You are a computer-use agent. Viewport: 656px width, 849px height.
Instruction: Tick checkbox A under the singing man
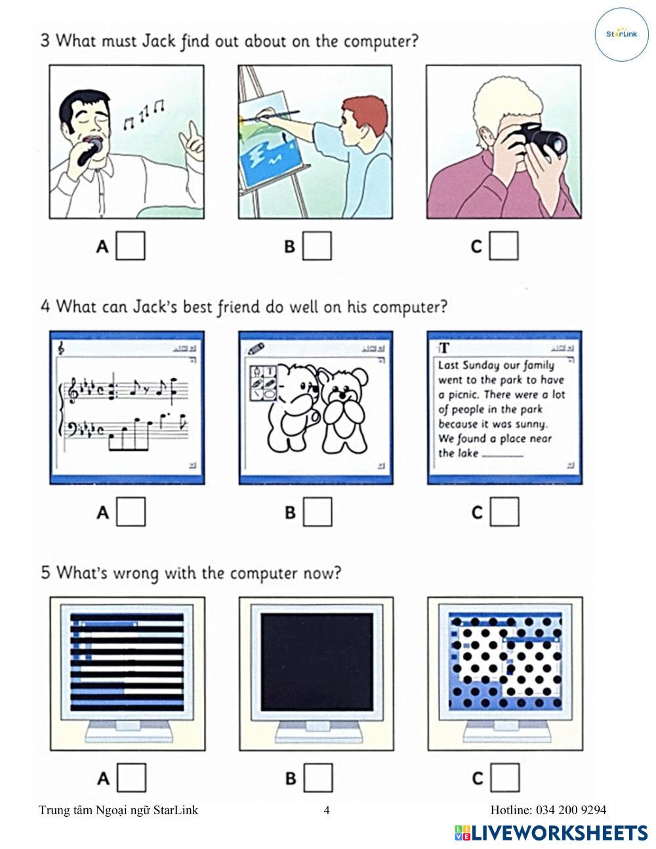point(131,246)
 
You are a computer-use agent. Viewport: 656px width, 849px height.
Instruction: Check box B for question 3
point(317,246)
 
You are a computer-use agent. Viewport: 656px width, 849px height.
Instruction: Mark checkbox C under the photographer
point(504,246)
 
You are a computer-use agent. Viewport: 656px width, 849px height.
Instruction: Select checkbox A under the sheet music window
point(131,511)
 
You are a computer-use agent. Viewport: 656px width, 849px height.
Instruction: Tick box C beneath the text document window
point(504,511)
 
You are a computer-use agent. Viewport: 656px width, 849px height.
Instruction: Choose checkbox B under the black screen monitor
point(318,778)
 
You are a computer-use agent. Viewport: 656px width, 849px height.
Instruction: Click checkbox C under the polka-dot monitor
point(505,778)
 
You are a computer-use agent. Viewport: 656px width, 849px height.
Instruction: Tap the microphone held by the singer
point(91,150)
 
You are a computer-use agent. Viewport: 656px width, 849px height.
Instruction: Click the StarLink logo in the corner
point(621,34)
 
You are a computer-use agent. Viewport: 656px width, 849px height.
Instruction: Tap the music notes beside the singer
point(143,114)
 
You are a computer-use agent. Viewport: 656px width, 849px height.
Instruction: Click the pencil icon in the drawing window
point(256,348)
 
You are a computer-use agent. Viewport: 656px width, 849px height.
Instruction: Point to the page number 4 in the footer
point(327,810)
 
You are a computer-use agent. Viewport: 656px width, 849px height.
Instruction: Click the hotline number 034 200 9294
point(571,810)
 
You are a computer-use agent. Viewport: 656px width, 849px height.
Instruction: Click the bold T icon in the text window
point(444,348)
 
